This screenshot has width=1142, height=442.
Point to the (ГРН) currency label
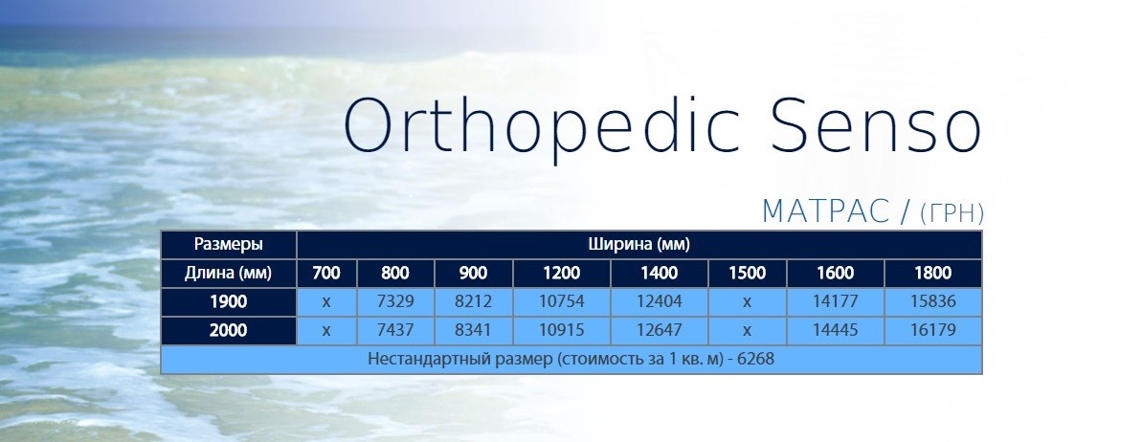(x=952, y=213)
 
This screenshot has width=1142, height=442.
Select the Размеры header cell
(x=229, y=244)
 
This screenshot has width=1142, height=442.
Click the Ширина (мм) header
(x=638, y=244)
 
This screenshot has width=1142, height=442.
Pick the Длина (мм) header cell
(x=229, y=273)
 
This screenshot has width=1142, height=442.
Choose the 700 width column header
(x=326, y=273)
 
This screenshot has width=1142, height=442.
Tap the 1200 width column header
(x=561, y=273)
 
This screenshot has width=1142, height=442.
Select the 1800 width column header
(x=933, y=273)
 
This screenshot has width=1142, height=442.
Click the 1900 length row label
(x=229, y=301)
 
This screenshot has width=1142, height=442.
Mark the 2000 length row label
(x=229, y=330)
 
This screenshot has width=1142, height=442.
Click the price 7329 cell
(x=395, y=301)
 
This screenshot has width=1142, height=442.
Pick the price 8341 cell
(x=474, y=330)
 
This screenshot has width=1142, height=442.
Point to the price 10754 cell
(x=561, y=301)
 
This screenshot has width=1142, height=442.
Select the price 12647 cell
(x=659, y=330)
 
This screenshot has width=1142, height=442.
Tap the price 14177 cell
(x=836, y=301)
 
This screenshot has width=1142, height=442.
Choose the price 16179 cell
(x=933, y=330)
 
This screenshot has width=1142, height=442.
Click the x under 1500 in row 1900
(x=747, y=301)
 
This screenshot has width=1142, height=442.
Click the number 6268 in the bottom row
(x=756, y=359)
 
